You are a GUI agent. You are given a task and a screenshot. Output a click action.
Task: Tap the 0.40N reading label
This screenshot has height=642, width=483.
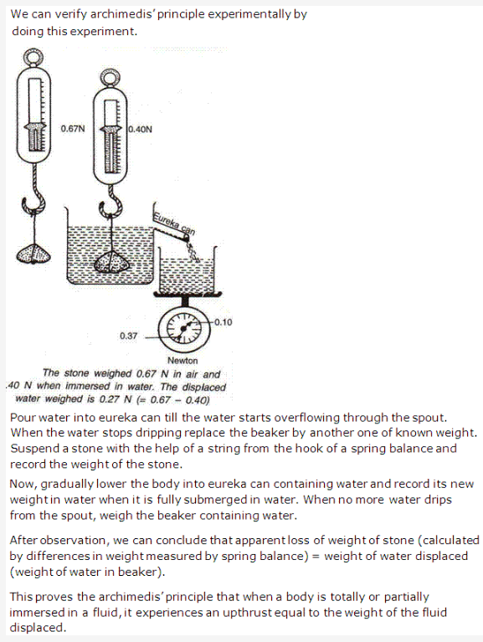139,130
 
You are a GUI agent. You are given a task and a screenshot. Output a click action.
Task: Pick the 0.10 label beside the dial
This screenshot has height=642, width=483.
223,322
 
